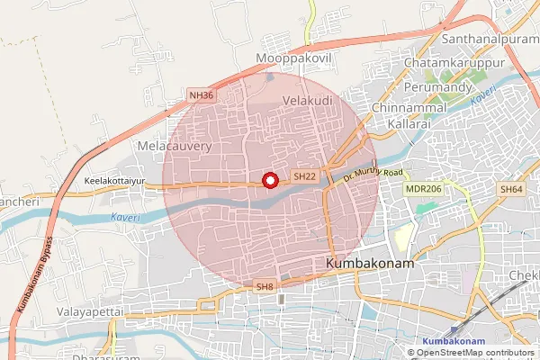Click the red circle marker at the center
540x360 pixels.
click(x=269, y=180)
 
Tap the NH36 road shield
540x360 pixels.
click(x=202, y=94)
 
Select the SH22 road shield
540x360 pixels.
click(x=305, y=177)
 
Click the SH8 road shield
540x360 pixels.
click(x=264, y=286)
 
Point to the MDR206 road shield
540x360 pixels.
click(x=423, y=189)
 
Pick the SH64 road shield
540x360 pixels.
click(x=512, y=189)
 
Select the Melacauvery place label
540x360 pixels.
click(x=174, y=144)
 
